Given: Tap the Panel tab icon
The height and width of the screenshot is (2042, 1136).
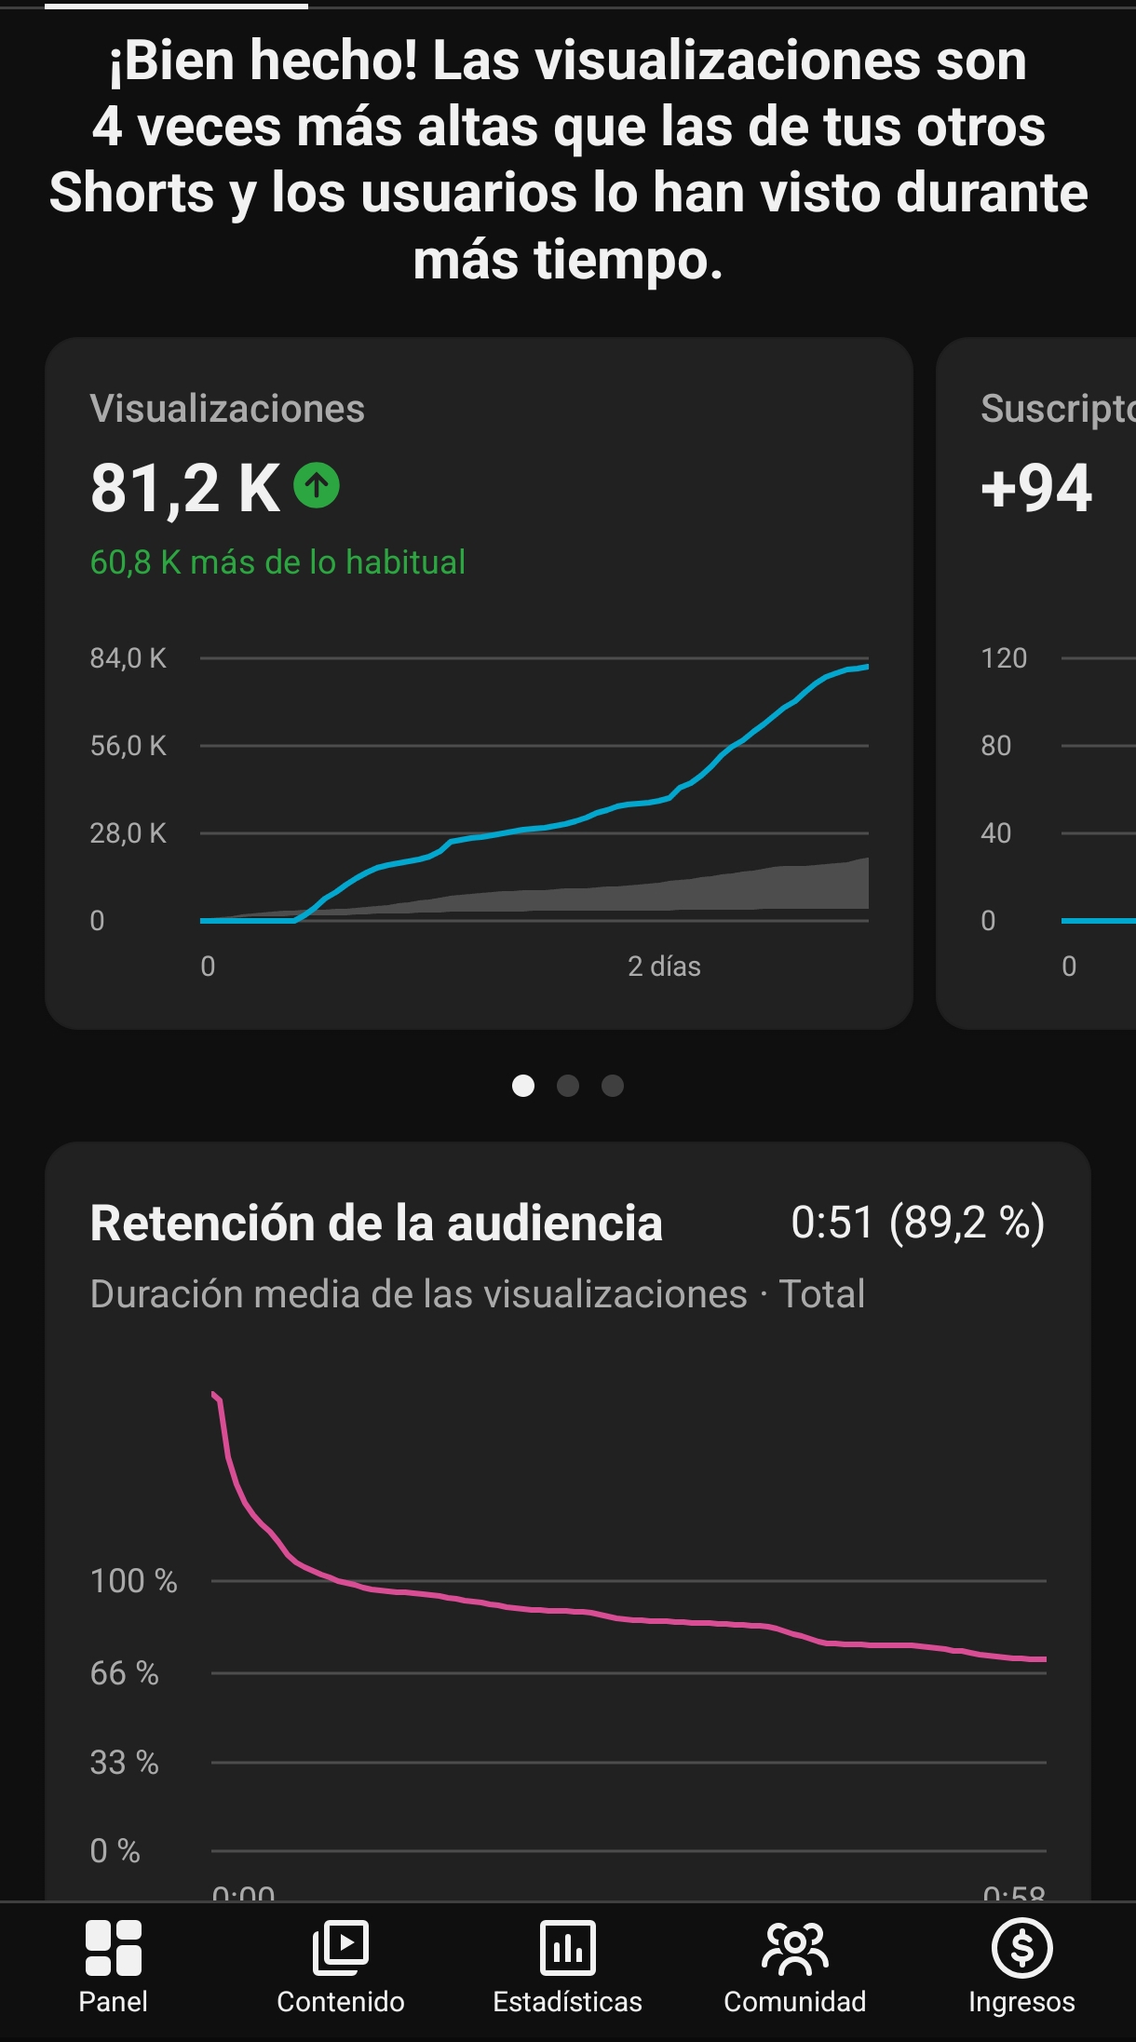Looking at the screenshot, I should pos(113,1948).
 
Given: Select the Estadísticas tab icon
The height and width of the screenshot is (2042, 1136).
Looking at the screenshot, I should pos(567,1948).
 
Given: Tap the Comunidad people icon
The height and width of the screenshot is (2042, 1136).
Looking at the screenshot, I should pos(794,1948).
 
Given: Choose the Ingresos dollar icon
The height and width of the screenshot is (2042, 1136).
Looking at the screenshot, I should pos(1021,1948).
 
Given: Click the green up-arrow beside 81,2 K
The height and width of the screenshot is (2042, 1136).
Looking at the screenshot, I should pos(317,485).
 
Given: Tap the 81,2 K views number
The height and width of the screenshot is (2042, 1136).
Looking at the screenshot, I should pos(184,489).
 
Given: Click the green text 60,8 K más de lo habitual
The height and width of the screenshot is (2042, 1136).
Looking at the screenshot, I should pos(277,562).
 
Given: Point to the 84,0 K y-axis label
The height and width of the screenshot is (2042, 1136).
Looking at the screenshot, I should pos(128,658).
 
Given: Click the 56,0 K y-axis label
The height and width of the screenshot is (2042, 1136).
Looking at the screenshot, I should pos(128,746).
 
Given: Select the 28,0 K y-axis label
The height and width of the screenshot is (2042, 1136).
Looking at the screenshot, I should pos(128,833).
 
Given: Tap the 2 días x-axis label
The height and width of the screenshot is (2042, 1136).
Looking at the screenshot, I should pos(664,967).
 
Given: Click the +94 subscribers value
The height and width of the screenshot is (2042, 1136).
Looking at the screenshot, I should pos(1036,489).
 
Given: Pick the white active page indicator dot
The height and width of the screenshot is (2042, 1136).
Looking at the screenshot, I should pos(523,1086).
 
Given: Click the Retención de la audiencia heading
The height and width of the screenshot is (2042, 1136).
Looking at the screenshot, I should pos(376,1224).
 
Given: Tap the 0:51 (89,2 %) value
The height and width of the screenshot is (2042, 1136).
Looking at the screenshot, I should pos(917,1223).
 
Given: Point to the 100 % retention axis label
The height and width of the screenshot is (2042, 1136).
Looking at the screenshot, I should pos(133,1581).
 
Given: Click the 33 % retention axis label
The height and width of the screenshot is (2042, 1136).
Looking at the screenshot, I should pos(124,1763).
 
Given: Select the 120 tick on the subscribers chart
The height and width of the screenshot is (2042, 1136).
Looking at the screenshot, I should pos(1004,658).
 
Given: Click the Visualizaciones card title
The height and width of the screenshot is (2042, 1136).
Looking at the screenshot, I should pos(227,409).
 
